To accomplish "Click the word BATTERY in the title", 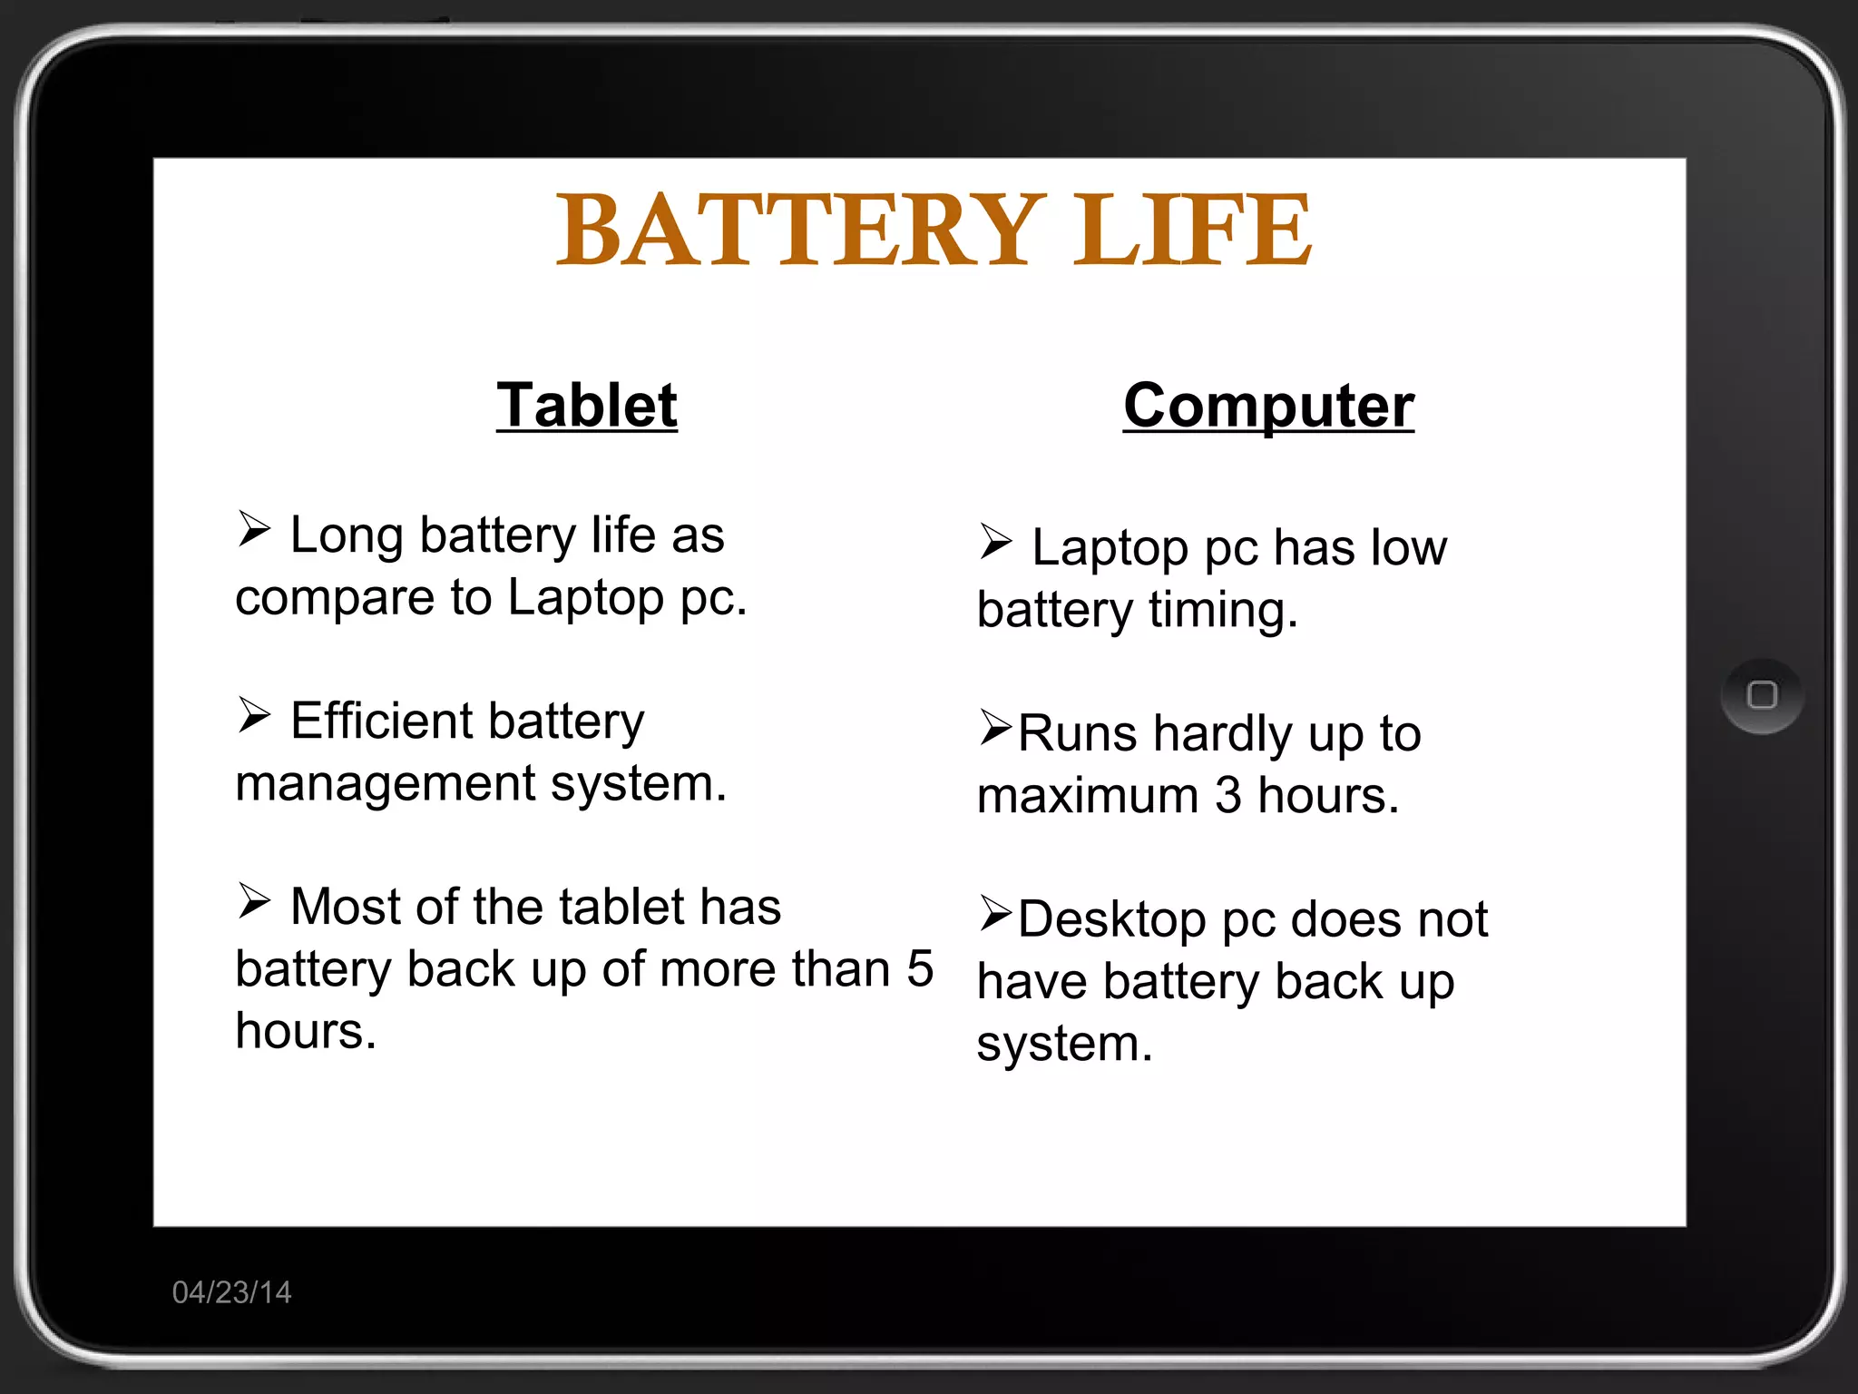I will coord(796,231).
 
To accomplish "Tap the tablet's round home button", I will coord(1762,696).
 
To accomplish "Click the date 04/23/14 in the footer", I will coord(231,1292).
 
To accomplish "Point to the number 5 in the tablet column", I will coord(919,968).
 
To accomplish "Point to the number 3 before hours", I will coord(1227,796).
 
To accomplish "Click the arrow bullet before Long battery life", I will coord(254,529).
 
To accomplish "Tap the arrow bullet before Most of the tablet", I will coord(254,901).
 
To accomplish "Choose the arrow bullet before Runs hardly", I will coord(995,728).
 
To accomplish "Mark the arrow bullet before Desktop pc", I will coord(995,914).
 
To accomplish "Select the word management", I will coord(386,783).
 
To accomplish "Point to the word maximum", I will coord(1088,796).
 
